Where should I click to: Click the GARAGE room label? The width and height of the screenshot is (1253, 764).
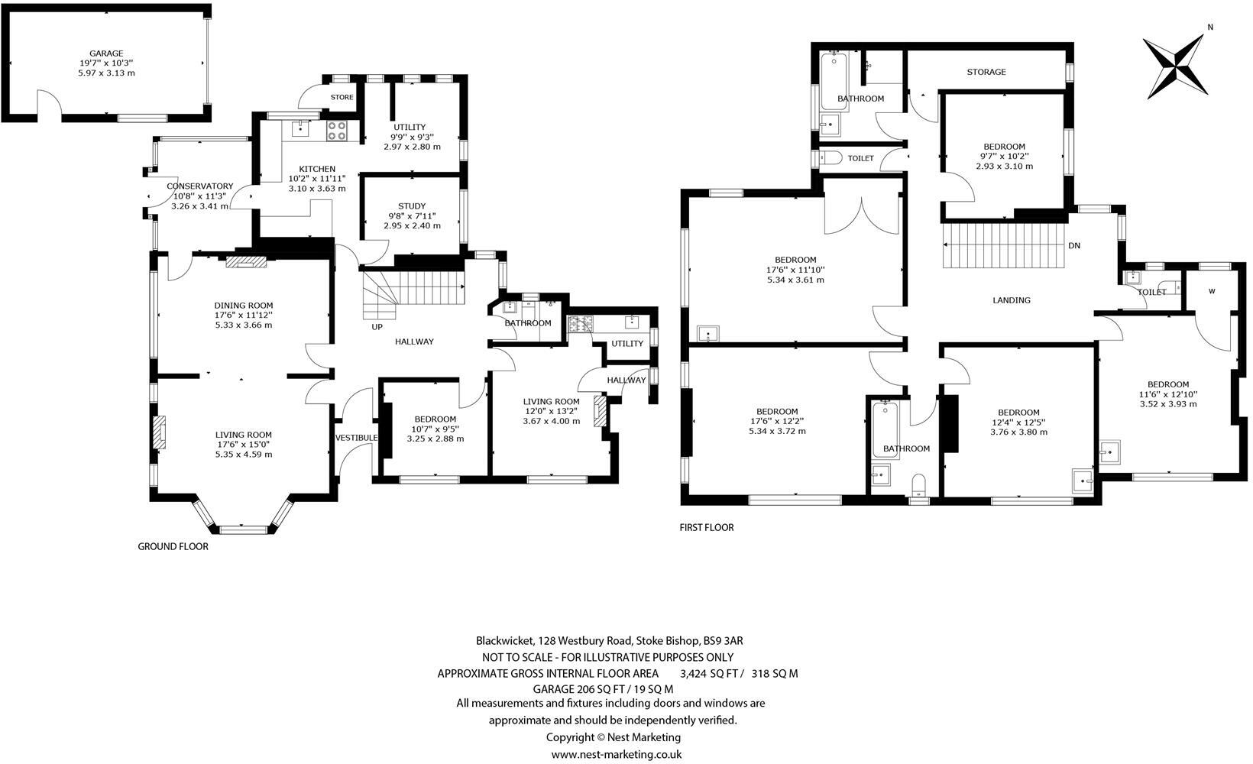pos(106,53)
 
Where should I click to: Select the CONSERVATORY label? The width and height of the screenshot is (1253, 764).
pos(200,186)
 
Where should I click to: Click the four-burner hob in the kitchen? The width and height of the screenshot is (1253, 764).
pos(337,131)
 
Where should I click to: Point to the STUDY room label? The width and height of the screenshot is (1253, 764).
pos(412,206)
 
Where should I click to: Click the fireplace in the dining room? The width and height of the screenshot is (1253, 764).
pos(247,262)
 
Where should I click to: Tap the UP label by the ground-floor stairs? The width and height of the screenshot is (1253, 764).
pos(377,327)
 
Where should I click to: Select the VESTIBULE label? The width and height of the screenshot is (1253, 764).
pos(356,438)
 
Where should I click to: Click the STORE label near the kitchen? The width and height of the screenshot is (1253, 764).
pos(342,97)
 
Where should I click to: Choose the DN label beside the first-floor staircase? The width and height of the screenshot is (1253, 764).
pos(1074,246)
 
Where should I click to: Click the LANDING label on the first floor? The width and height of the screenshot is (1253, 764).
pos(1012,300)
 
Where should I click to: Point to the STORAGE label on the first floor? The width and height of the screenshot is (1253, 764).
pos(986,72)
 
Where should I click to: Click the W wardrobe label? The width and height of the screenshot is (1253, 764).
pos(1212,291)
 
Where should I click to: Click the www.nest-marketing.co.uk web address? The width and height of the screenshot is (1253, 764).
pos(616,754)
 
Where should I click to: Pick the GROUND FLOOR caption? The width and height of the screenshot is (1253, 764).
pos(173,546)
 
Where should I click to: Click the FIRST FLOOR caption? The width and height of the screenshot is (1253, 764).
pos(707,527)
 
